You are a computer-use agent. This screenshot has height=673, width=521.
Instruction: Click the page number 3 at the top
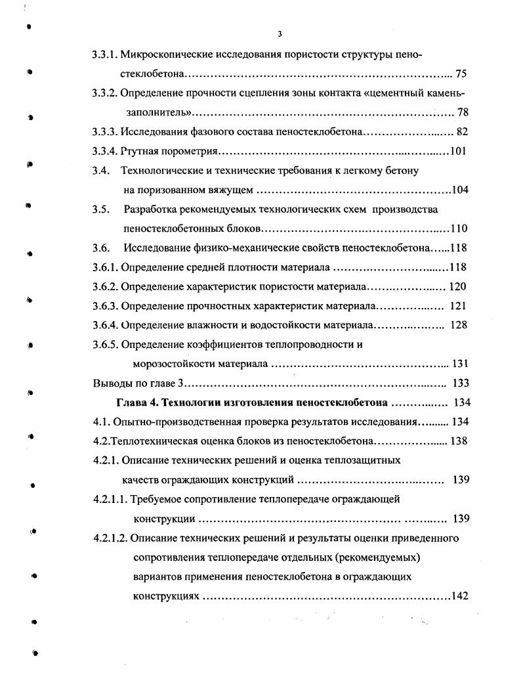280,34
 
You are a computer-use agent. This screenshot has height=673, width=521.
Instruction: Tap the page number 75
461,74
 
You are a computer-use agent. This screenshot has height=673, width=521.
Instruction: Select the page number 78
463,112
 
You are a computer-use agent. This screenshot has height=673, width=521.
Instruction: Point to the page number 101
458,152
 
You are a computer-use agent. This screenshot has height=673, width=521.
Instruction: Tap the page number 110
459,229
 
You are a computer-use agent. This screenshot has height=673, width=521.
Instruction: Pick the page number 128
459,326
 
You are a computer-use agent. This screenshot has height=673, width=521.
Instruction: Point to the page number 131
460,364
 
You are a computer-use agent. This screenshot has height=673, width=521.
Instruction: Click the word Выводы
110,383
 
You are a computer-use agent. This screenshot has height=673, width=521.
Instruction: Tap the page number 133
461,383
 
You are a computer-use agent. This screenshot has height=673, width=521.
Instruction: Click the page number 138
459,441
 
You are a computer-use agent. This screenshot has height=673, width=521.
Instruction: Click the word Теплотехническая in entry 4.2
154,441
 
